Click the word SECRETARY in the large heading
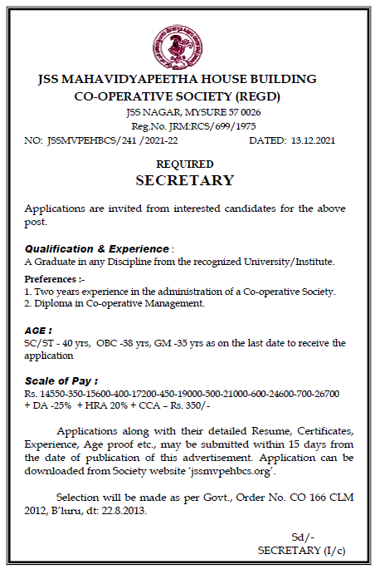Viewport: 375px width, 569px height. [x=184, y=180]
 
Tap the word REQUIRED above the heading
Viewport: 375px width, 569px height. [x=184, y=164]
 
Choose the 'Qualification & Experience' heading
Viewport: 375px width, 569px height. [x=97, y=248]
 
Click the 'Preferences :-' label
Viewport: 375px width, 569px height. [x=50, y=278]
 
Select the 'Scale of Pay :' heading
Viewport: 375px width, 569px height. [x=61, y=380]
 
